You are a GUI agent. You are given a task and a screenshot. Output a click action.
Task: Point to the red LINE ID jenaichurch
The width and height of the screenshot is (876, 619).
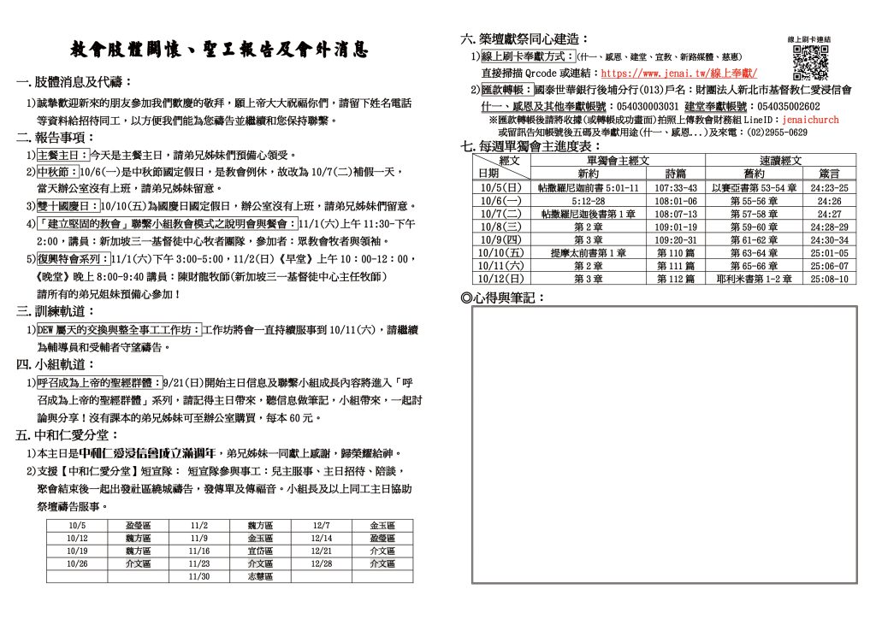coord(811,121)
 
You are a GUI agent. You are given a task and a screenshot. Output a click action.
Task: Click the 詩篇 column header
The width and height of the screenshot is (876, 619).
coord(675,173)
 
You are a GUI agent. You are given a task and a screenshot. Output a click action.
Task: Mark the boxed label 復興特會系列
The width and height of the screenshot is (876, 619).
coord(72,258)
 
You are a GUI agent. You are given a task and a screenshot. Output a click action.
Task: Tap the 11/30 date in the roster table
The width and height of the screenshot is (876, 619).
coord(199,577)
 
